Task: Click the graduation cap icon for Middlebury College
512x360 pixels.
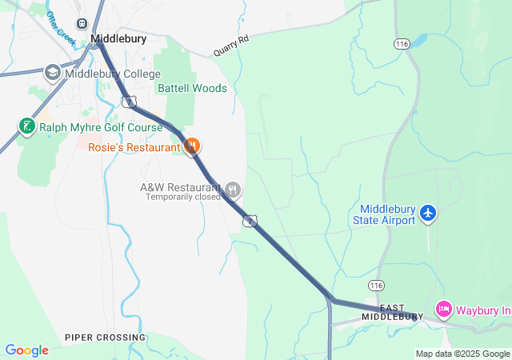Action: pyautogui.click(x=53, y=73)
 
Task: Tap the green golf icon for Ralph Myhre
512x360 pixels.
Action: pyautogui.click(x=26, y=126)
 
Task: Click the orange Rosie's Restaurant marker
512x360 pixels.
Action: pyautogui.click(x=192, y=146)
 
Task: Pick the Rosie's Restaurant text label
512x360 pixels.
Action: pyautogui.click(x=134, y=147)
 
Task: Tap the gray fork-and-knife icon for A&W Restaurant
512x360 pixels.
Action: pyautogui.click(x=233, y=190)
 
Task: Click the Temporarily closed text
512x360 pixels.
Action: pyautogui.click(x=182, y=197)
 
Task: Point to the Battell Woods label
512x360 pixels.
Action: pyautogui.click(x=192, y=88)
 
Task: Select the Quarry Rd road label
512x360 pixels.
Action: pyautogui.click(x=231, y=47)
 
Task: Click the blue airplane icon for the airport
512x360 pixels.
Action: pyautogui.click(x=428, y=213)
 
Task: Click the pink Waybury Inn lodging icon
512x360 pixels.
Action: pyautogui.click(x=443, y=309)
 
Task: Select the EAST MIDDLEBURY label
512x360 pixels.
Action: pyautogui.click(x=391, y=312)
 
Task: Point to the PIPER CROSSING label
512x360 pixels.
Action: pyautogui.click(x=106, y=338)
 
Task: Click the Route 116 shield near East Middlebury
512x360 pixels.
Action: pyautogui.click(x=376, y=285)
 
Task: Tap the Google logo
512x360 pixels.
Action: pyautogui.click(x=26, y=350)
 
